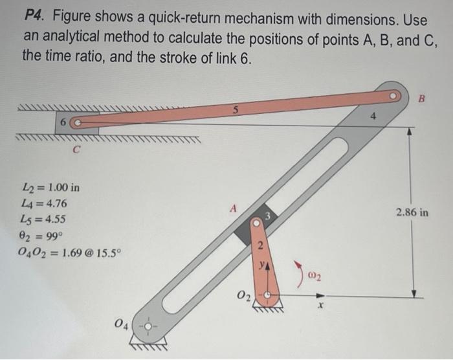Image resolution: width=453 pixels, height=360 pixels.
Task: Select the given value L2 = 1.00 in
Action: [x=51, y=188]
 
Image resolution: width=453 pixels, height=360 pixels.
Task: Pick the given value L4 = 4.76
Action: [x=45, y=204]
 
